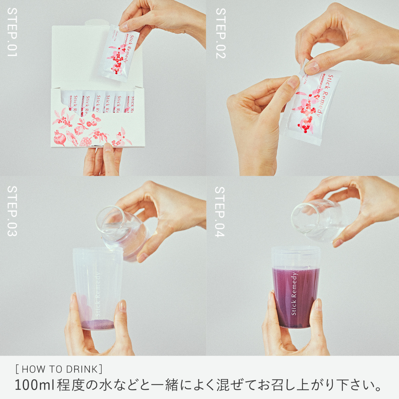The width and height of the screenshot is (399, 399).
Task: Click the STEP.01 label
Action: tap(12, 32)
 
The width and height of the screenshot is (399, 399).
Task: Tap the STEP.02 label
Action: tap(220, 33)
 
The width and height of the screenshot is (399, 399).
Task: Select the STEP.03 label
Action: tap(12, 211)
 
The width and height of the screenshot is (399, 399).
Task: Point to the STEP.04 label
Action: tap(220, 212)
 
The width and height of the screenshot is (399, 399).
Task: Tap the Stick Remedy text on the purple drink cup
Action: tap(294, 294)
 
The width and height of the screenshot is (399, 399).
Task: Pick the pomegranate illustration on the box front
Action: tap(60, 139)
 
